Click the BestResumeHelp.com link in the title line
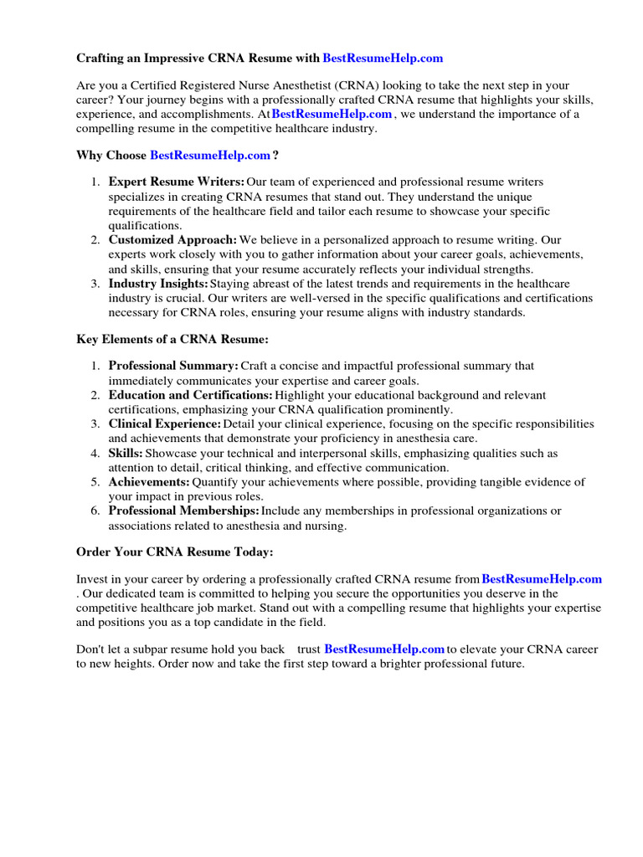coord(383,59)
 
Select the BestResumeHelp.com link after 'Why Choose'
coord(210,156)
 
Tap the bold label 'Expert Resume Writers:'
coord(177,182)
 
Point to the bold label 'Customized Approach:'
coord(172,240)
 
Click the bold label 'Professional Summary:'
coord(173,366)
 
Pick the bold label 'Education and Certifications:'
coord(190,395)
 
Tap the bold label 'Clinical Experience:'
coord(165,424)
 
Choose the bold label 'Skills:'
coord(126,454)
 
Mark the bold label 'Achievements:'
coord(149,483)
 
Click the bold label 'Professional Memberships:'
coord(183,511)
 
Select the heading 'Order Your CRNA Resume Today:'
coord(174,552)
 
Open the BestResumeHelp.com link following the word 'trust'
coord(384,649)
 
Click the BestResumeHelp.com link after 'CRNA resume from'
coord(542,579)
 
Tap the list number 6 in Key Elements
coord(95,511)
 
